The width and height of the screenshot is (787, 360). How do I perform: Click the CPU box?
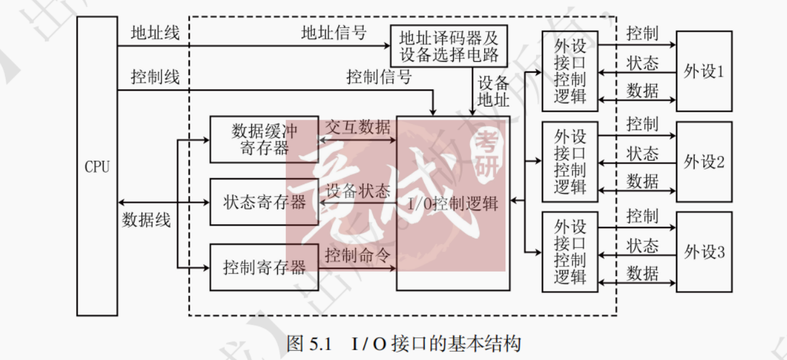coord(97,166)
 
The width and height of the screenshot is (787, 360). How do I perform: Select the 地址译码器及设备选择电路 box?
coord(449,46)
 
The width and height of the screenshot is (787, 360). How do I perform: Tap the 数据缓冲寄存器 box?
coord(264,139)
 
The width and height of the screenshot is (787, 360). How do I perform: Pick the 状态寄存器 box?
coord(264,202)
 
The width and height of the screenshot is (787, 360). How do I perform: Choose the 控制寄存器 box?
coord(264,268)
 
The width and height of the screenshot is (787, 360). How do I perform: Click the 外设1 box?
coord(704,71)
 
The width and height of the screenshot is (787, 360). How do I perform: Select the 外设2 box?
coord(704,162)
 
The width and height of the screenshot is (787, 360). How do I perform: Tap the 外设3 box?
coord(704,252)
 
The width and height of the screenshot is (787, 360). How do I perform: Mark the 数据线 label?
coord(146,220)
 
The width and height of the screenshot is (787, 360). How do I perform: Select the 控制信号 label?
coord(378,77)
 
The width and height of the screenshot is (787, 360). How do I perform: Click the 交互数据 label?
coord(357,127)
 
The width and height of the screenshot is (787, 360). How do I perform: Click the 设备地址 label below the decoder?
coord(494,91)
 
